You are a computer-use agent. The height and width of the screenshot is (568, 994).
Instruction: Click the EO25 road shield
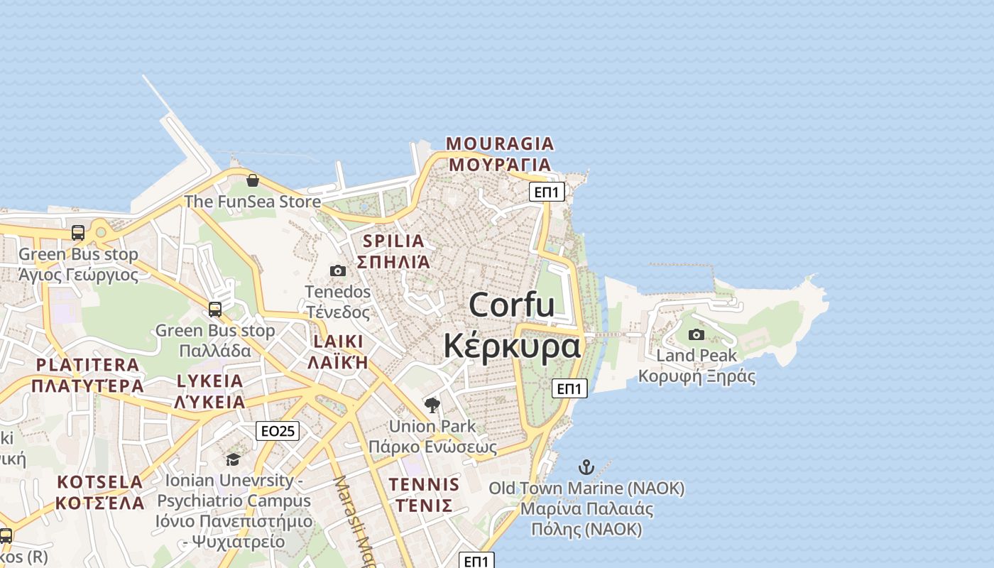[278, 430]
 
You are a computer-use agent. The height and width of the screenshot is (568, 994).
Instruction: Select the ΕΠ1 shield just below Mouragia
[547, 192]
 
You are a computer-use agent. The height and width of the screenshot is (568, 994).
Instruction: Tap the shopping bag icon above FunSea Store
[252, 180]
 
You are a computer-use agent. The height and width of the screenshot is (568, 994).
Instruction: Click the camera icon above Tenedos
[338, 271]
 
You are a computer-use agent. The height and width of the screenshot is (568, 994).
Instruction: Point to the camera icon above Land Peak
[697, 334]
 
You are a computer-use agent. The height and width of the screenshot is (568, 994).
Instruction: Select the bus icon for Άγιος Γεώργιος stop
[78, 233]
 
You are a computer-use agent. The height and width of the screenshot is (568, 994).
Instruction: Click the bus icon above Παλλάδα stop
[215, 310]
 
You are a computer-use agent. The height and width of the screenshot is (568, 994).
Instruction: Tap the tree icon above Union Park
[432, 405]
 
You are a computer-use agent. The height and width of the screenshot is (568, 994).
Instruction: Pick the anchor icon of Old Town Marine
[586, 467]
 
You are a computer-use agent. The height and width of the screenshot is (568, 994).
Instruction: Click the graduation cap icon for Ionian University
[233, 460]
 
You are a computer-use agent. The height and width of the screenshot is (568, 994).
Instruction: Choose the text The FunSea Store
[253, 202]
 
